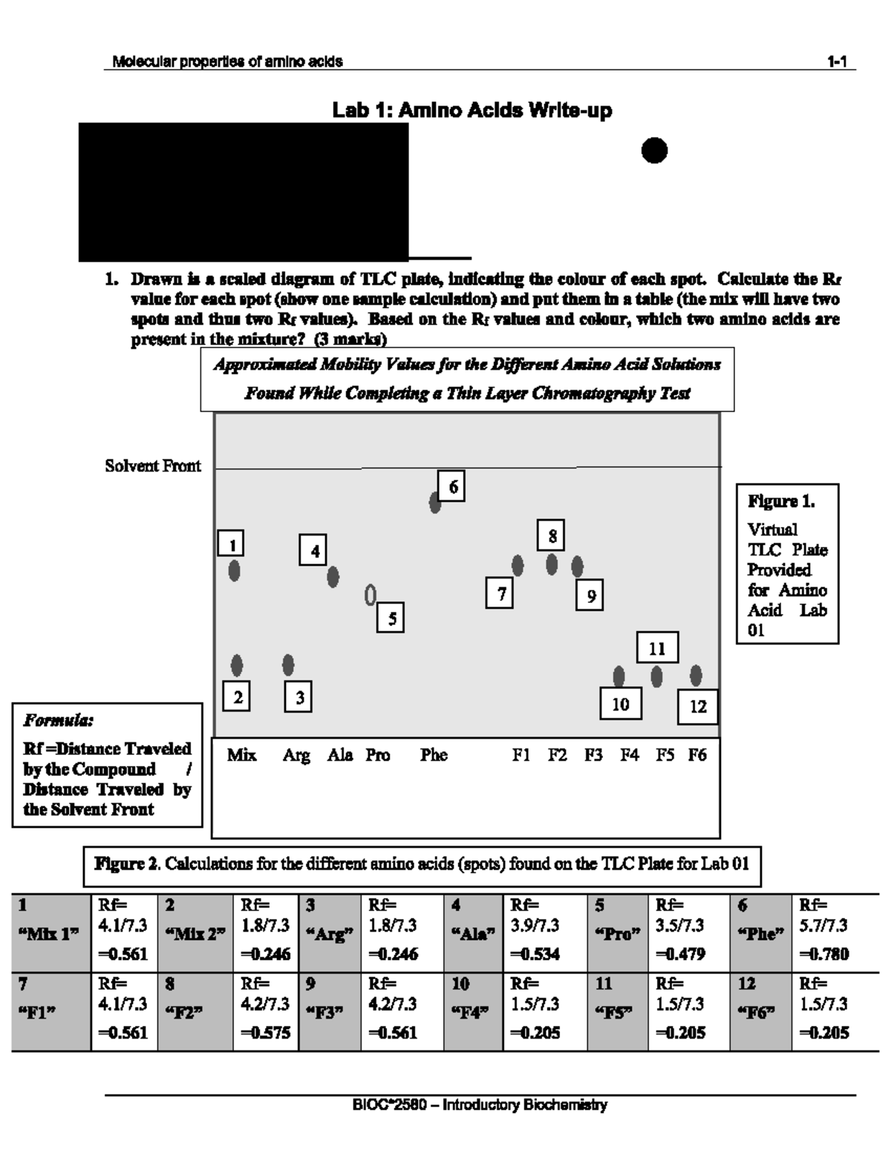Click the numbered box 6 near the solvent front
pos(451,487)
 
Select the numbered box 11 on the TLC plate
pos(657,648)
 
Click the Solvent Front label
pos(153,466)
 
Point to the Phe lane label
pos(434,755)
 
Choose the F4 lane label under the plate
pos(630,755)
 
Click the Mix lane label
pos(241,755)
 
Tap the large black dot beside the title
pos(654,151)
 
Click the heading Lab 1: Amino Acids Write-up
pos(472,111)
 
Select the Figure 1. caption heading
pos(781,502)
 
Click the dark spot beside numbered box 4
pos(333,576)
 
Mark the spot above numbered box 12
pos(696,675)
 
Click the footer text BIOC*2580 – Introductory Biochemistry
pos(480,1105)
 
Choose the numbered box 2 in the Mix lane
pos(237,697)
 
